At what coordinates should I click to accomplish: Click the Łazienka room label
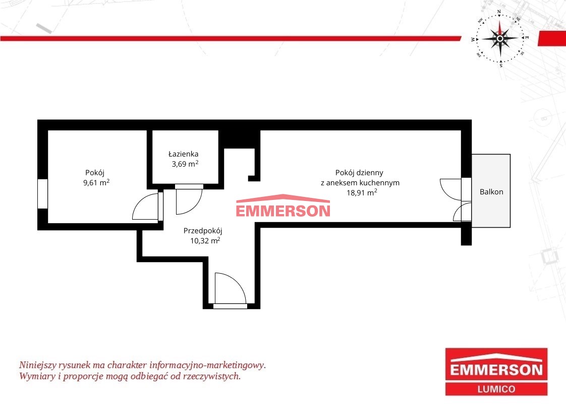tap(184, 154)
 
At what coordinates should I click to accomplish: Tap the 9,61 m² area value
tap(96, 182)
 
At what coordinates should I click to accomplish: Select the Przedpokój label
tap(202, 231)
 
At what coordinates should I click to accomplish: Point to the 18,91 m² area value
tap(362, 192)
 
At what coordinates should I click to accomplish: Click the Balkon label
tap(491, 192)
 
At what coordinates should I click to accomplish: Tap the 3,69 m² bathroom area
tap(185, 164)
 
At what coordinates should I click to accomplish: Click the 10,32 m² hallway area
tap(205, 240)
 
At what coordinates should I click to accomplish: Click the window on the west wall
tap(42, 193)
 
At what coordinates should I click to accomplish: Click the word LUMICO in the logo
tap(496, 389)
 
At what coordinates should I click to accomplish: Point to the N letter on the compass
tap(499, 12)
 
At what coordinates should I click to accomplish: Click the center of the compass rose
tap(500, 38)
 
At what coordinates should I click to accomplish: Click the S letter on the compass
tap(501, 66)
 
